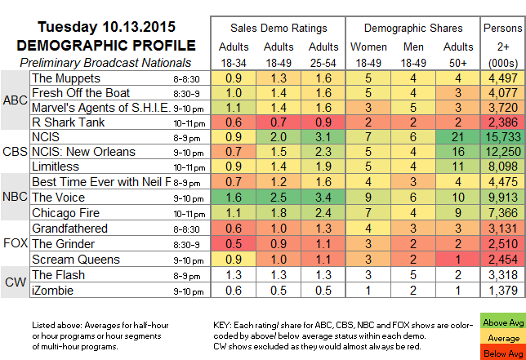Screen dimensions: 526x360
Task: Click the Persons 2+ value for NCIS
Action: point(503,137)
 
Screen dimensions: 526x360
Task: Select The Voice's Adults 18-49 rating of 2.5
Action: point(279,197)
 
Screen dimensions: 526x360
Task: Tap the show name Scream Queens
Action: point(76,260)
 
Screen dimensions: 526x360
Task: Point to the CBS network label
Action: point(15,152)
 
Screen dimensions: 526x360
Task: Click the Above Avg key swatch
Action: point(503,322)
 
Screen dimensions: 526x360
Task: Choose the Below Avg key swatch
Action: point(503,353)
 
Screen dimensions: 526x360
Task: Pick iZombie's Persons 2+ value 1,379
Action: point(503,291)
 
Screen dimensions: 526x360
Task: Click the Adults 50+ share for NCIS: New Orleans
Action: point(457,152)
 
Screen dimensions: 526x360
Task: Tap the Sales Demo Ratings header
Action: point(279,28)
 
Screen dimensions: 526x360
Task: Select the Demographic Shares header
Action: point(413,28)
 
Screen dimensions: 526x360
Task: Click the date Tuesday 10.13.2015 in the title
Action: point(106,27)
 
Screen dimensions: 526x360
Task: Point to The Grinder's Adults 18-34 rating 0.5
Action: point(234,244)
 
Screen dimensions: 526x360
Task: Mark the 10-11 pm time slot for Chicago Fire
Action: point(189,214)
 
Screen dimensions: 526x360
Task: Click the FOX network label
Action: point(16,243)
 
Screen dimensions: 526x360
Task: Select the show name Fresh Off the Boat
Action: point(81,93)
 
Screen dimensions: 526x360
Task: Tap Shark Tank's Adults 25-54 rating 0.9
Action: point(323,122)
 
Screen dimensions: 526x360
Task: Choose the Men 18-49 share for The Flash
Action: point(413,275)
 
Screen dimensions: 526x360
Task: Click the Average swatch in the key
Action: point(503,338)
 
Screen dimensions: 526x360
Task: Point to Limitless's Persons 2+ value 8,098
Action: point(503,167)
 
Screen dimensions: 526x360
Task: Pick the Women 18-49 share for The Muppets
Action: point(368,78)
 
